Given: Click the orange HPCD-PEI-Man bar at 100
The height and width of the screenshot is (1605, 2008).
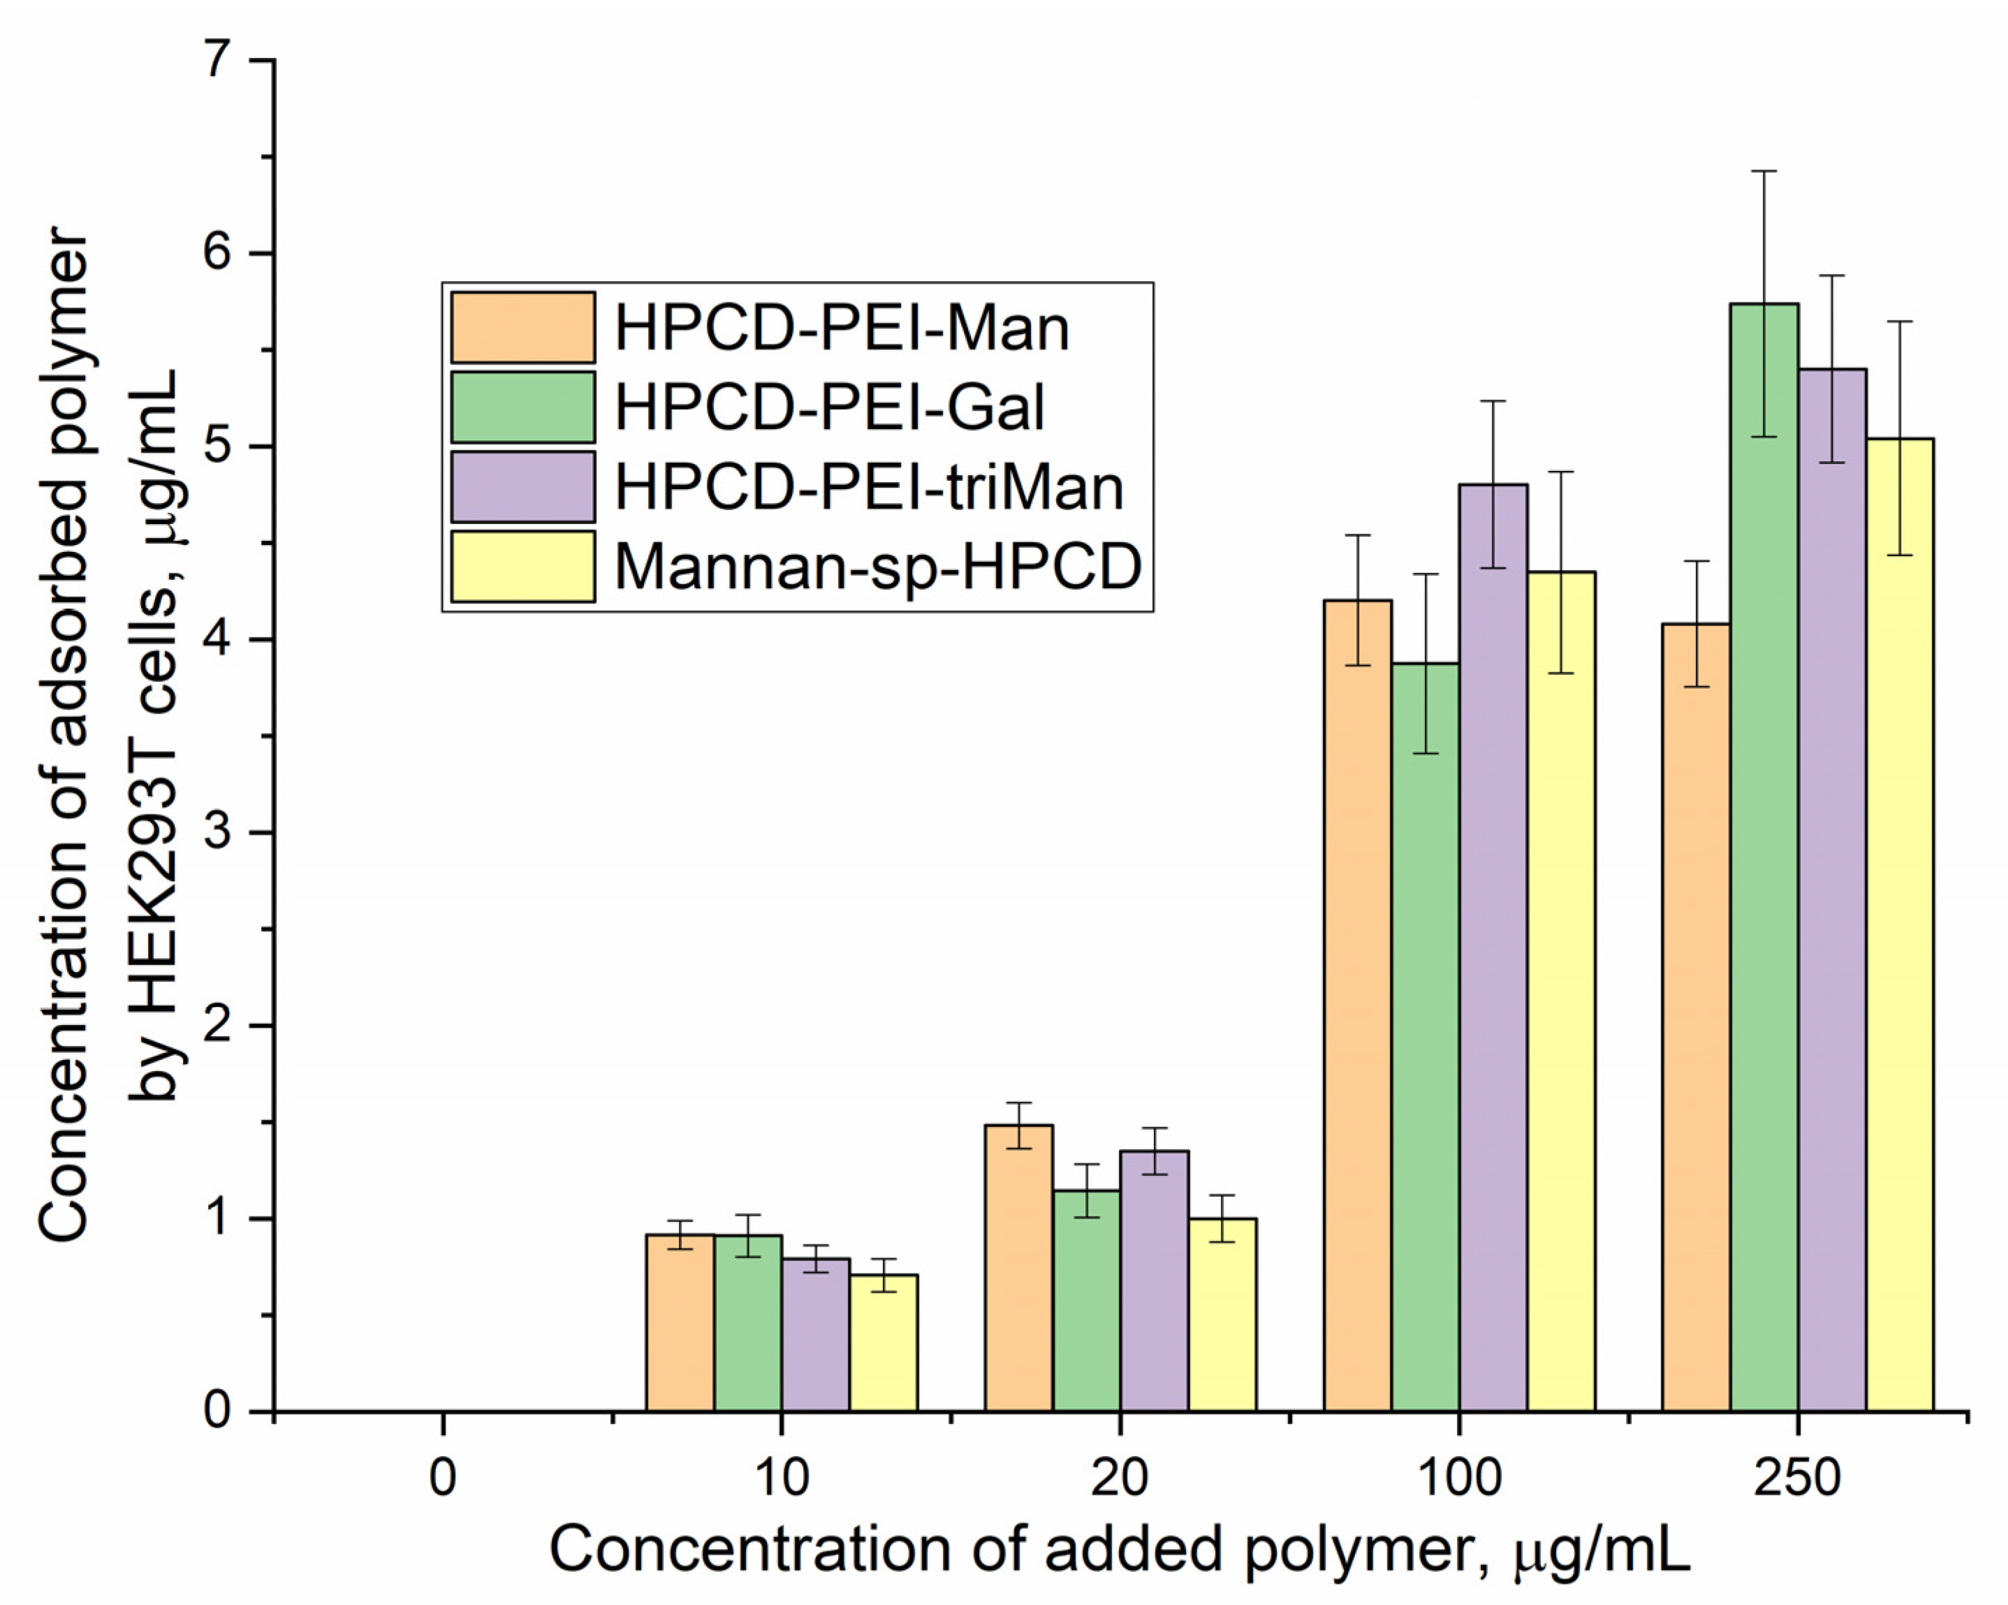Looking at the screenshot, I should [x=1358, y=1006].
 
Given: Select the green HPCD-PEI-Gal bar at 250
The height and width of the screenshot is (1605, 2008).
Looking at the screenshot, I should [x=1764, y=857].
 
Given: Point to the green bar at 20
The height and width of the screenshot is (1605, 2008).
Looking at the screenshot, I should [x=1087, y=1300].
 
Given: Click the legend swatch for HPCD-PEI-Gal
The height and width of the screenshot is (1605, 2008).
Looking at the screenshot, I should [x=522, y=407].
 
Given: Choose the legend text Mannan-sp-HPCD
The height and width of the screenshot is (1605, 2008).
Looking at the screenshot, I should [x=877, y=567].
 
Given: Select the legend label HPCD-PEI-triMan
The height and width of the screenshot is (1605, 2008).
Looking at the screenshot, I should [x=868, y=487].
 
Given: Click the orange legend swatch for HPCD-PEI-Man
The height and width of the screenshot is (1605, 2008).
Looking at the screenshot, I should [x=522, y=327].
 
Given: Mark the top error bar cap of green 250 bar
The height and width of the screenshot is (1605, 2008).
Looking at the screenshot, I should [x=1764, y=171].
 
